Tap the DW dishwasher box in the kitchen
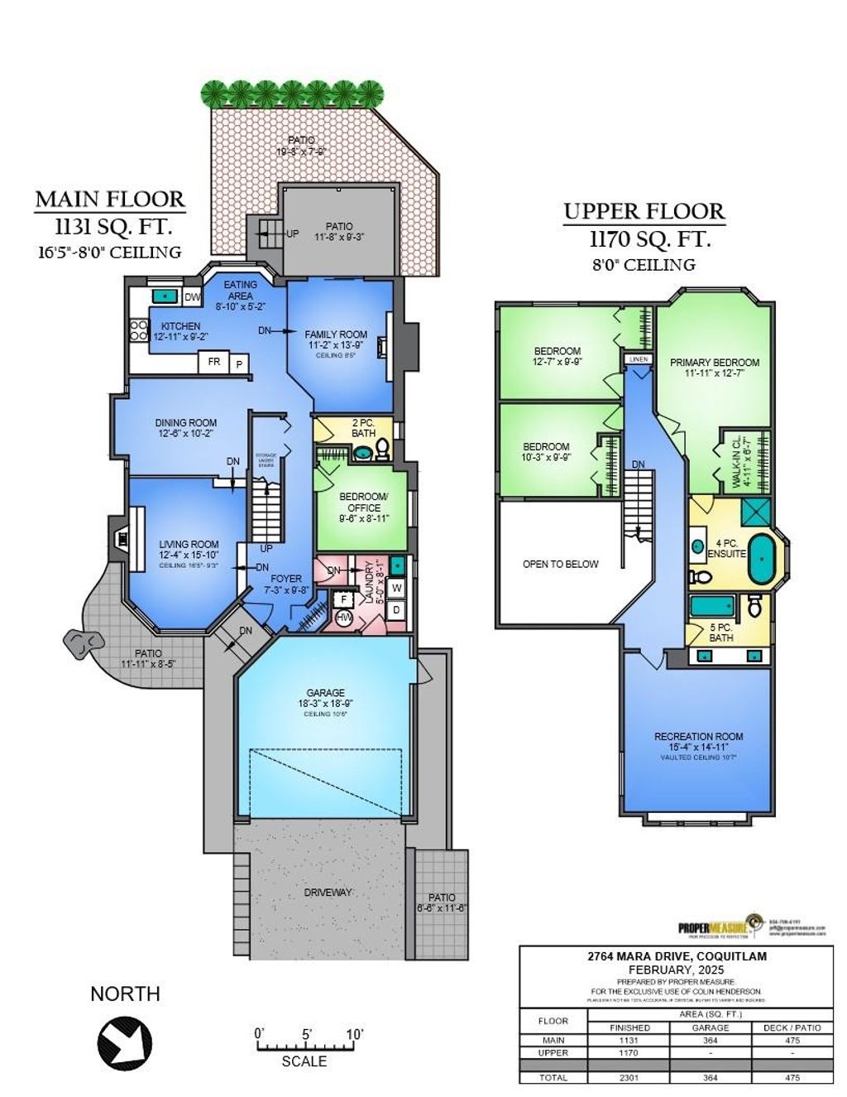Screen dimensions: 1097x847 pyautogui.click(x=191, y=297)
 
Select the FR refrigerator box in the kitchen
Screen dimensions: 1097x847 pyautogui.click(x=213, y=362)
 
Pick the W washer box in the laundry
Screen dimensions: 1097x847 pyautogui.click(x=396, y=588)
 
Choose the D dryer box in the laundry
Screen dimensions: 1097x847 pyautogui.click(x=396, y=609)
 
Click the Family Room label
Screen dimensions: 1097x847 pyautogui.click(x=335, y=334)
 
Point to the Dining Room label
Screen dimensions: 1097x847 pyautogui.click(x=185, y=422)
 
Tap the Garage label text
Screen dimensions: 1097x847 pyautogui.click(x=324, y=693)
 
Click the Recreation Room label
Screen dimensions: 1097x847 pyautogui.click(x=698, y=736)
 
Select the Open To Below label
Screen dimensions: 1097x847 pyautogui.click(x=560, y=564)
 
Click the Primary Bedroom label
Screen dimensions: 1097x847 pyautogui.click(x=714, y=363)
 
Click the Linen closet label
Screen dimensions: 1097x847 pyautogui.click(x=638, y=360)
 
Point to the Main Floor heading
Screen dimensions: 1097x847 pyautogui.click(x=110, y=200)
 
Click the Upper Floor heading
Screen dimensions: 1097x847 pyautogui.click(x=644, y=212)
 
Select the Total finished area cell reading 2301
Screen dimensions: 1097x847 pyautogui.click(x=629, y=1077)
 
